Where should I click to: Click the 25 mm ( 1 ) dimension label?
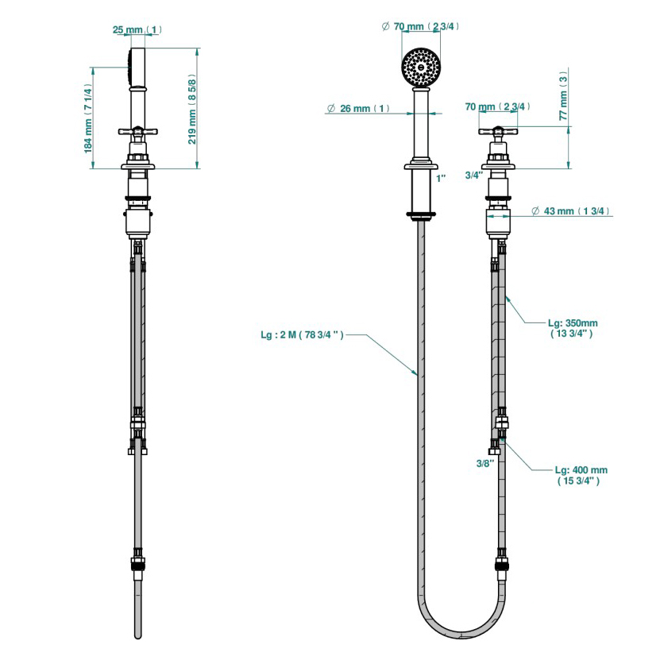pyautogui.click(x=137, y=30)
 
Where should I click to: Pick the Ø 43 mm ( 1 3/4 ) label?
pyautogui.click(x=569, y=210)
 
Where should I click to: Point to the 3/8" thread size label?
pyautogui.click(x=485, y=462)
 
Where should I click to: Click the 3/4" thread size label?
pyautogui.click(x=473, y=175)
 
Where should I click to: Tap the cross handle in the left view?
pyautogui.click(x=139, y=131)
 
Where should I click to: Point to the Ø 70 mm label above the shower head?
pyautogui.click(x=420, y=26)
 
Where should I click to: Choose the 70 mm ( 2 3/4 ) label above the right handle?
pyautogui.click(x=498, y=106)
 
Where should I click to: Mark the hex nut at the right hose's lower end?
pyautogui.click(x=501, y=566)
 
